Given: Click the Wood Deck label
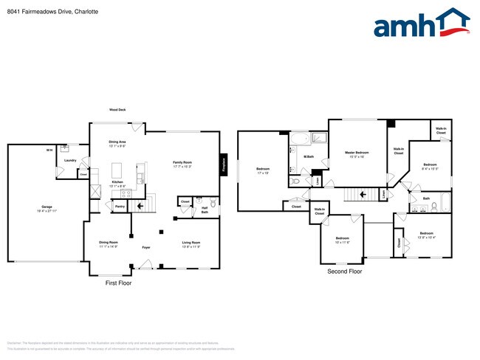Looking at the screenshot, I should click(x=117, y=110).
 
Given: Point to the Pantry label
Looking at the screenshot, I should click(x=119, y=207).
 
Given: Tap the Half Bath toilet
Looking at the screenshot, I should click(x=213, y=202).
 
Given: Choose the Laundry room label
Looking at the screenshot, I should click(x=70, y=160).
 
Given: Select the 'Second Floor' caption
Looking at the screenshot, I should click(x=345, y=271).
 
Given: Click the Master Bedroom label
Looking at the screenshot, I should click(x=357, y=153).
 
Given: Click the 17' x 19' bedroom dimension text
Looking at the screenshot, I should click(x=263, y=173).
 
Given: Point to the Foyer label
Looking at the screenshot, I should click(x=146, y=247).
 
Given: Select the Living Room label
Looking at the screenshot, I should click(x=191, y=242).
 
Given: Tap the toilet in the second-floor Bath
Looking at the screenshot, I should click(x=434, y=206).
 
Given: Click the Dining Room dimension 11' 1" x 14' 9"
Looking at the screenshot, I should click(x=109, y=246).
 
